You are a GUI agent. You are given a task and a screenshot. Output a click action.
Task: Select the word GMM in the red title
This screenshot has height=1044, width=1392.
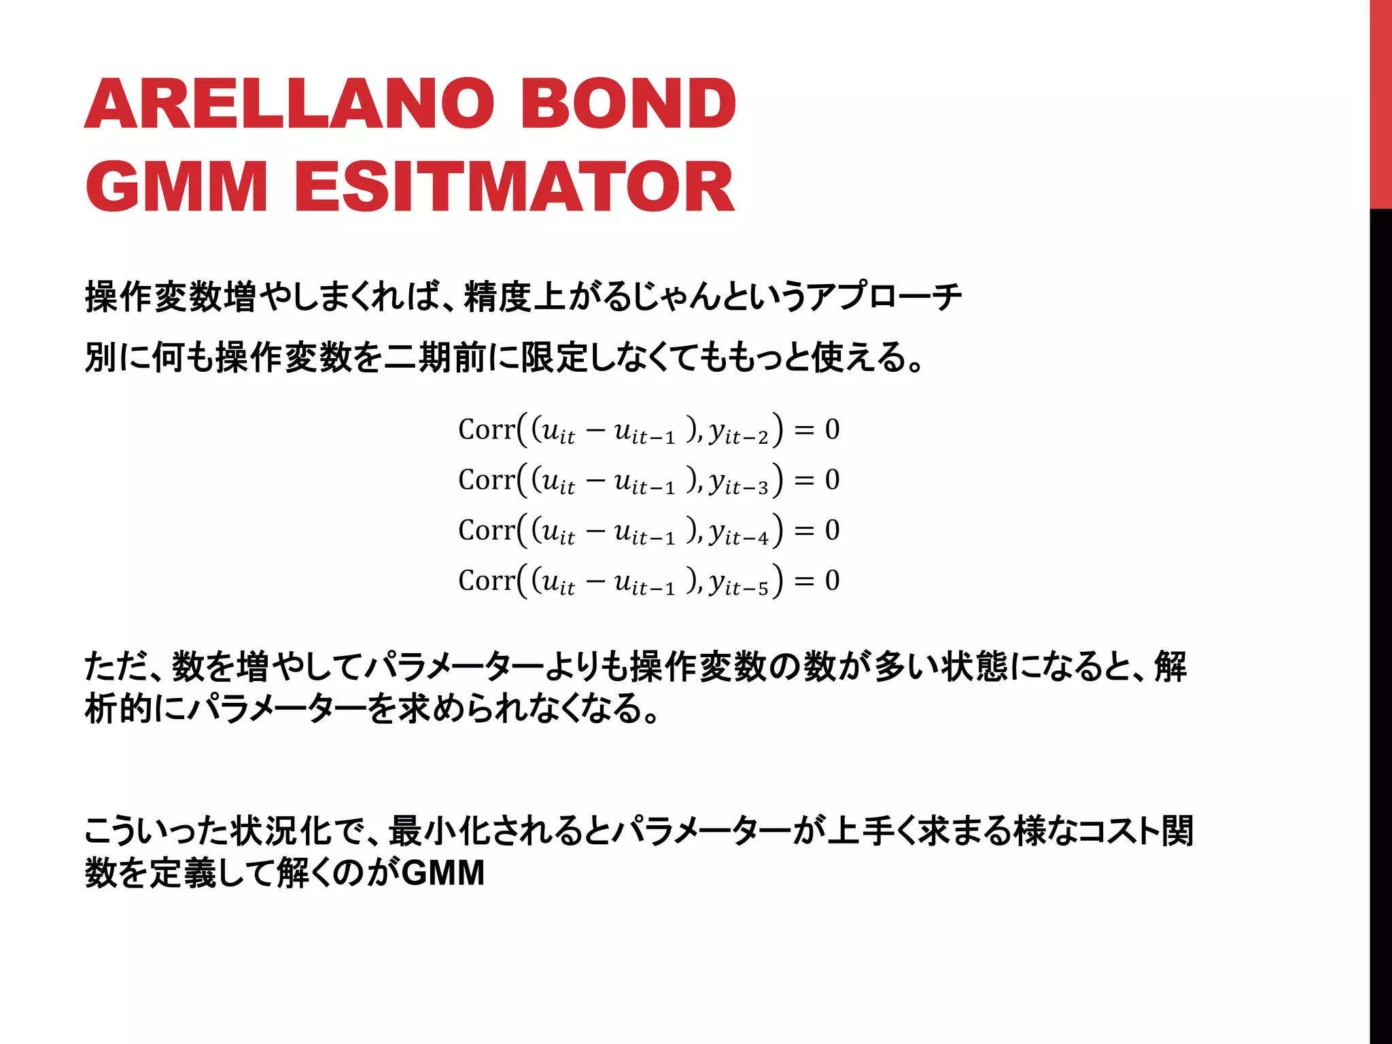(x=176, y=186)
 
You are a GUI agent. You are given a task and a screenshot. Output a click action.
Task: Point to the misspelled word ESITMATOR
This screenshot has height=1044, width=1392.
(x=514, y=186)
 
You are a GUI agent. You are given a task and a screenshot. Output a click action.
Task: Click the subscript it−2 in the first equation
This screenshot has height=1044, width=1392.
(x=746, y=437)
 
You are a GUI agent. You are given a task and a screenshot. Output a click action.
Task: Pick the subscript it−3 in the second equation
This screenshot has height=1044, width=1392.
(x=746, y=487)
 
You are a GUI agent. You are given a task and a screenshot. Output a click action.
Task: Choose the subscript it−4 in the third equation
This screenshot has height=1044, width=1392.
(x=746, y=538)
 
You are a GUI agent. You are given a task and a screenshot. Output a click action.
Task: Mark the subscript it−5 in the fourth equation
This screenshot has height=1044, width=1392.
(x=746, y=588)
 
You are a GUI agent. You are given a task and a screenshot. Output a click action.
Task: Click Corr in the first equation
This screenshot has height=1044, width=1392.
(x=487, y=430)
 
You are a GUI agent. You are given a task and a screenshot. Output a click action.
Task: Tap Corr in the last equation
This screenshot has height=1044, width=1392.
(x=487, y=580)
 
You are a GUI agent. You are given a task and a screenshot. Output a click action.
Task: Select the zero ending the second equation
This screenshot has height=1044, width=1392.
(x=832, y=480)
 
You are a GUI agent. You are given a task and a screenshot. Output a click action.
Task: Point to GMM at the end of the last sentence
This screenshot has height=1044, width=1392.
(x=443, y=873)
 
